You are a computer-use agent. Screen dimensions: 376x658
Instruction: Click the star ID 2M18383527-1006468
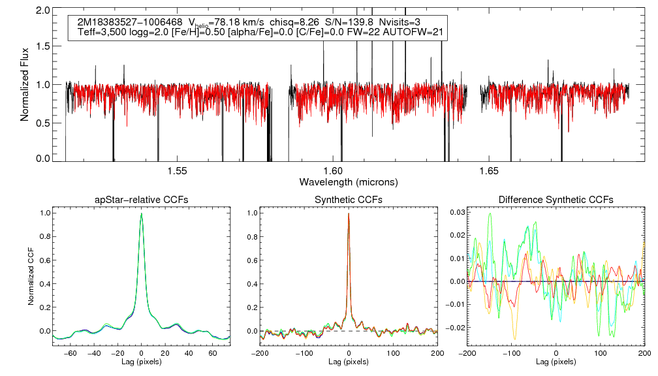pos(125,22)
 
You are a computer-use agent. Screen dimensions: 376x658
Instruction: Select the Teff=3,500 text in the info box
pos(101,32)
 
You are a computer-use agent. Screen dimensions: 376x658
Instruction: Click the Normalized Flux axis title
pos(25,85)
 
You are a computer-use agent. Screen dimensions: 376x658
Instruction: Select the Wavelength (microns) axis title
pos(348,181)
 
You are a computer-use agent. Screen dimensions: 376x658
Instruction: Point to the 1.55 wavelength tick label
pos(177,171)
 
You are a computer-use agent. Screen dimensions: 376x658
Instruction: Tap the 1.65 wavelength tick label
pos(489,171)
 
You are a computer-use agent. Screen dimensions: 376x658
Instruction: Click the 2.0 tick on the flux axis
pos(43,10)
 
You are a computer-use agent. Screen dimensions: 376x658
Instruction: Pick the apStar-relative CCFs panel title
pos(141,199)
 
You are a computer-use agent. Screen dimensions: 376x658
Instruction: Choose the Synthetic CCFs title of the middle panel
pos(349,199)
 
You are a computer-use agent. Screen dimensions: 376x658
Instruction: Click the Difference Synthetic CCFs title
pos(556,199)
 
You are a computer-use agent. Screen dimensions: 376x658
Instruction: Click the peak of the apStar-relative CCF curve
pos(141,213)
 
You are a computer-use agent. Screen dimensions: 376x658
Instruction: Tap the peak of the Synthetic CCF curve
pos(349,213)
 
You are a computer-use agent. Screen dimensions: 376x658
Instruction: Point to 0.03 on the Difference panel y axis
pos(454,213)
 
